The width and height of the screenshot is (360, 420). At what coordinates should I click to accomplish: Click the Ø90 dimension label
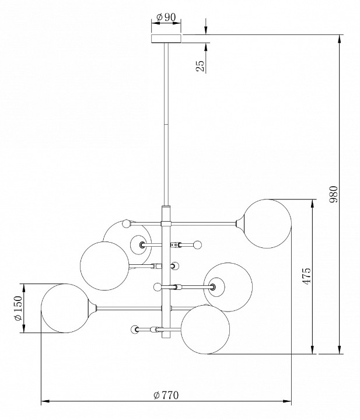pyautogui.click(x=166, y=17)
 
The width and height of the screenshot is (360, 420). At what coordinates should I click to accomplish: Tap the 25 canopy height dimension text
pyautogui.click(x=200, y=66)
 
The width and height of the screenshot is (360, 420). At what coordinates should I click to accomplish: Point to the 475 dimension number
pyautogui.click(x=307, y=276)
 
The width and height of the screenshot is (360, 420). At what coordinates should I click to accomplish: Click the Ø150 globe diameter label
pyautogui.click(x=18, y=308)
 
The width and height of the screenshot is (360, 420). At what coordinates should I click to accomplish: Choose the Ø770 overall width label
pyautogui.click(x=166, y=395)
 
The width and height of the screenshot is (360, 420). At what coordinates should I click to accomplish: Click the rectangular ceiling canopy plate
pyautogui.click(x=166, y=38)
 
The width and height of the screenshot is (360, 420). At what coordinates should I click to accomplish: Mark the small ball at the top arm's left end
pyautogui.click(x=127, y=223)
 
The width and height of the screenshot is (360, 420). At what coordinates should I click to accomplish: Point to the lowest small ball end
pyautogui.click(x=135, y=330)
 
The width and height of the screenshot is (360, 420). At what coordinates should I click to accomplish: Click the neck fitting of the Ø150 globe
pyautogui.click(x=90, y=307)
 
